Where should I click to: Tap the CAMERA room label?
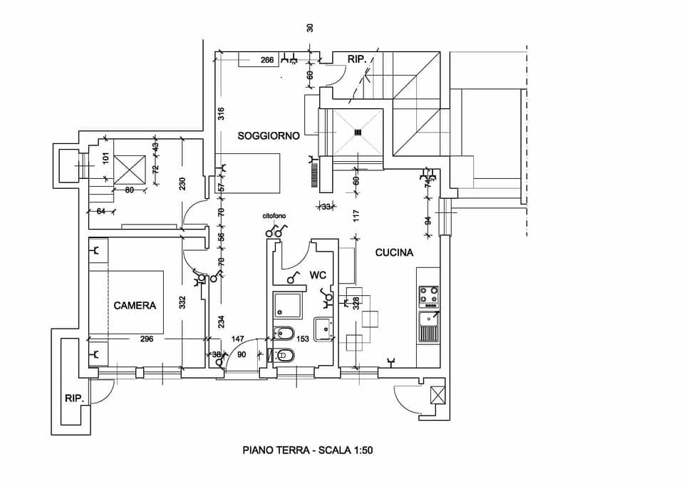click(x=135, y=305)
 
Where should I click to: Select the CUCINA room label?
click(x=395, y=252)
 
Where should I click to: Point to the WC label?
click(x=317, y=274)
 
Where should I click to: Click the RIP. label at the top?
click(x=357, y=60)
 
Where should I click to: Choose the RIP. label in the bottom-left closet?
click(x=75, y=398)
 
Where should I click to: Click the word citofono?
click(x=274, y=215)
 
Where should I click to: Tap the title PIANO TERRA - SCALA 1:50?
click(x=308, y=450)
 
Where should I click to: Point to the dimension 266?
click(x=267, y=61)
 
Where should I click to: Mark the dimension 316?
click(x=221, y=113)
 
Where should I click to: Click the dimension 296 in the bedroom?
click(x=146, y=339)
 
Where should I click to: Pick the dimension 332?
click(x=182, y=302)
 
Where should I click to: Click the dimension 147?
click(x=238, y=339)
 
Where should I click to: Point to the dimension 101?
click(x=105, y=158)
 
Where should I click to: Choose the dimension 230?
click(x=182, y=183)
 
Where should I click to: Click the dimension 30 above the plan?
click(x=310, y=28)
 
